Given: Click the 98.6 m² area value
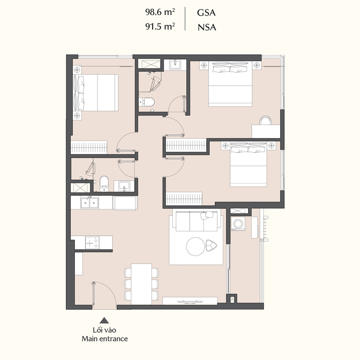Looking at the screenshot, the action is [x=160, y=12].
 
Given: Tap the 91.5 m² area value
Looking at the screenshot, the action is [x=160, y=26].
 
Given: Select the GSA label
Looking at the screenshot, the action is [x=206, y=13].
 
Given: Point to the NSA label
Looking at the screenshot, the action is [x=207, y=27].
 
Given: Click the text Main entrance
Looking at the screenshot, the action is [x=105, y=339].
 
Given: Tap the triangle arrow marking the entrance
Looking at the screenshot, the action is [x=104, y=320].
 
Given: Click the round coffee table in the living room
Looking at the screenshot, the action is [x=195, y=247].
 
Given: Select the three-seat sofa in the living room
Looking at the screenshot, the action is [x=196, y=221].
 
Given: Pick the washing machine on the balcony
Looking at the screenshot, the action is [x=238, y=223].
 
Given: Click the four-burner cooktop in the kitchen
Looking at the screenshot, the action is [x=92, y=243].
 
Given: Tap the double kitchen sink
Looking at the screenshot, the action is [x=90, y=203].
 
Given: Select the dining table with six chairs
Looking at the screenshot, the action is [x=141, y=284].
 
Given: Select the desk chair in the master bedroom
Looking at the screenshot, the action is [x=265, y=120].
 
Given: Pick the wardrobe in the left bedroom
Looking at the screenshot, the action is [x=89, y=147].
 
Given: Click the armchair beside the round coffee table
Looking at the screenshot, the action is [x=211, y=246].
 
